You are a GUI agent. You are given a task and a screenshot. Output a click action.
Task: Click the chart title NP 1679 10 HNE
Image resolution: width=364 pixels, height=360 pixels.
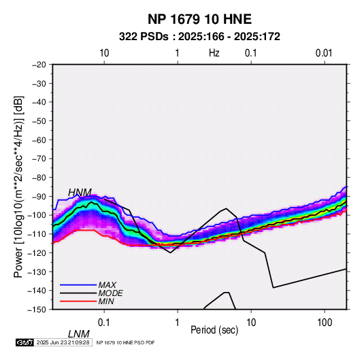[199, 19]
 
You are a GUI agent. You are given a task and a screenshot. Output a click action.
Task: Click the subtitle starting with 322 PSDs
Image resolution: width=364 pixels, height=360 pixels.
[199, 37]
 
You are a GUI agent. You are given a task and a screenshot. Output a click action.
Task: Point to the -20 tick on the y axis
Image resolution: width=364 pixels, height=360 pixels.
[39, 65]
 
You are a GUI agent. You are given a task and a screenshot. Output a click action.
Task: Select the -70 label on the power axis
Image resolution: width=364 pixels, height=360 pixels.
[39, 159]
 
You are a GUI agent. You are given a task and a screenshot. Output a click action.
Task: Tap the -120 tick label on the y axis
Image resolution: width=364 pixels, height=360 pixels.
[37, 253]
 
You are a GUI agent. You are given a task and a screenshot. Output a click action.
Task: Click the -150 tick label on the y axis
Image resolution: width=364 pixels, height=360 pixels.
[37, 310]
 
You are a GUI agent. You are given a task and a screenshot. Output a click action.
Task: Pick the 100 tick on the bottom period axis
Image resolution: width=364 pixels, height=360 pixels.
[325, 323]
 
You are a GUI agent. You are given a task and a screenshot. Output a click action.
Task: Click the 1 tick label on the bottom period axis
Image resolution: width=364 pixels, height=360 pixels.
[178, 323]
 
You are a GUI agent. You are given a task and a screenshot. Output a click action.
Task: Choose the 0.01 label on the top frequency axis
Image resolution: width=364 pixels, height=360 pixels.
[324, 53]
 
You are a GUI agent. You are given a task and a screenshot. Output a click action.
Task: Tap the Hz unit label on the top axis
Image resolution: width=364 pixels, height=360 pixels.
[214, 53]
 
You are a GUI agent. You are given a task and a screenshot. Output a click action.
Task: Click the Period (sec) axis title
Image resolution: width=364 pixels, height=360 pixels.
[214, 330]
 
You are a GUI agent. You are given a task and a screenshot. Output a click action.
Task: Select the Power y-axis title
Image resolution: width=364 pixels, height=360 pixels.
[18, 186]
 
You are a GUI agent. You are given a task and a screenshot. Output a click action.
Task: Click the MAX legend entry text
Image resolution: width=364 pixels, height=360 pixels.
[107, 285]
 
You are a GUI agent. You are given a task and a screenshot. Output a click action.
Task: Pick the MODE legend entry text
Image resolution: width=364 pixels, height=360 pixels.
[110, 293]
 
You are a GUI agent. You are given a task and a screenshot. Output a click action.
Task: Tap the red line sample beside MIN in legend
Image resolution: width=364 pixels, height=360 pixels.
[78, 301]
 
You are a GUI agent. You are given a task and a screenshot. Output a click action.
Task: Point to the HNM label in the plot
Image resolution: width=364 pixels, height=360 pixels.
[80, 193]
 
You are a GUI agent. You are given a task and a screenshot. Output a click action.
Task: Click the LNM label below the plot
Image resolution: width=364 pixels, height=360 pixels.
[78, 334]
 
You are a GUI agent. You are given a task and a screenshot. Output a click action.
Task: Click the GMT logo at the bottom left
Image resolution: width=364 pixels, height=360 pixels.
[25, 342]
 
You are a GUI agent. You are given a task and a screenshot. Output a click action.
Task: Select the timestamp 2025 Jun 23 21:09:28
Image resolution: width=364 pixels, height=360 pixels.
[63, 342]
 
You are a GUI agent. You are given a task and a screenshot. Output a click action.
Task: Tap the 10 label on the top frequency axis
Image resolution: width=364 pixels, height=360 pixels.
[104, 53]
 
